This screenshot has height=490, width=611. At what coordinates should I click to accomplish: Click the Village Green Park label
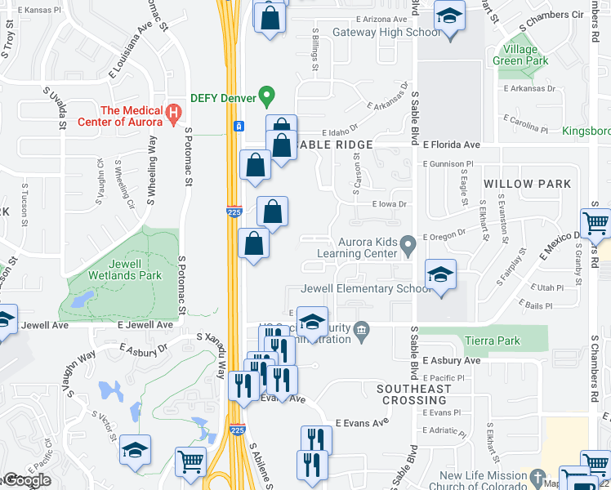520,55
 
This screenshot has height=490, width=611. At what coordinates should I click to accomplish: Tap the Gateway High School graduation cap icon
448,18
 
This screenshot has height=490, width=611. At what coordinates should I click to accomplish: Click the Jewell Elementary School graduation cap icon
440,275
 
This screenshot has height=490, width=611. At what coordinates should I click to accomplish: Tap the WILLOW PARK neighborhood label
527,184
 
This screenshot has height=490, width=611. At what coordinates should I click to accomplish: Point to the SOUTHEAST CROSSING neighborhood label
414,394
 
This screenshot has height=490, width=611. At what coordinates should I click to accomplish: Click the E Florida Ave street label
452,145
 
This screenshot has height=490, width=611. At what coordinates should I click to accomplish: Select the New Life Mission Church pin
537,476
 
